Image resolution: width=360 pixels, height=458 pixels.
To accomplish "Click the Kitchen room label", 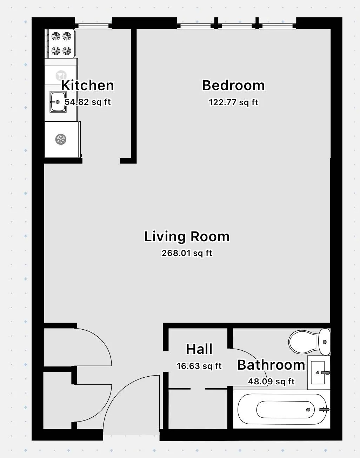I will pos(87,86).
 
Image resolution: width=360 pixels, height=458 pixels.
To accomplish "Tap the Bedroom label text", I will pos(233,86).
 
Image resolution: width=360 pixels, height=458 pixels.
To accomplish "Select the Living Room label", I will pos(187,237).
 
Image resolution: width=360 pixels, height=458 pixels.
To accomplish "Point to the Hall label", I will pos(199,349).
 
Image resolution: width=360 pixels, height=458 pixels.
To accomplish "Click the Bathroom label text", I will pos(271,365).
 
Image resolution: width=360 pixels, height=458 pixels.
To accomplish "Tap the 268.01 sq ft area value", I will pos(187,253).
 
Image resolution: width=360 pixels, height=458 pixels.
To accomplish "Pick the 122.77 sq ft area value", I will pos(233,102).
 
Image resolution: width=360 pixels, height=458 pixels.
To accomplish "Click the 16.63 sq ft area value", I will pos(199,366).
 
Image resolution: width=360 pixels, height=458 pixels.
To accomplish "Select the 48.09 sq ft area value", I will pos(271,382).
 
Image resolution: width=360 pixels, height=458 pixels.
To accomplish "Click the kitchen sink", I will pos(58,102).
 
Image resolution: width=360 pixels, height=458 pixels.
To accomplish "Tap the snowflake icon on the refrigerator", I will pos(61,140).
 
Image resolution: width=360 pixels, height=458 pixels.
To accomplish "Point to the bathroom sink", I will pos(319,372).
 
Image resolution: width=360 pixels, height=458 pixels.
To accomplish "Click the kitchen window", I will pos(93,26).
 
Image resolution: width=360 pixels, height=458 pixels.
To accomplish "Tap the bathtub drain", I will pos(308,410).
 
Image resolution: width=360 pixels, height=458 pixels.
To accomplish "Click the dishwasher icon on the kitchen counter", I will pos(61,75).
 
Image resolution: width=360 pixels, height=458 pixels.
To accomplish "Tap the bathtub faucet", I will pos(324,409).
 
